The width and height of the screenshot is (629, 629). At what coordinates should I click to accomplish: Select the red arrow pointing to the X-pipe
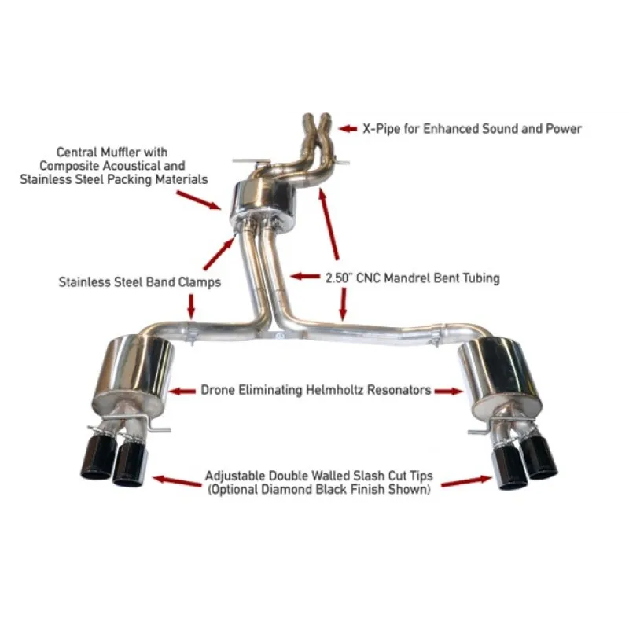[x=348, y=128]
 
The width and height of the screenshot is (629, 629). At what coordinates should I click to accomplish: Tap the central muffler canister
[x=263, y=204]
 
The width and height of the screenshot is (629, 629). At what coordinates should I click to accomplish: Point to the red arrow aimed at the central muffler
[x=199, y=200]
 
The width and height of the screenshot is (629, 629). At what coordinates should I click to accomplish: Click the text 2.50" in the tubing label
[x=338, y=278]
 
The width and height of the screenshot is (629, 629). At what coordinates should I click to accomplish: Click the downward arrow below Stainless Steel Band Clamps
[x=191, y=307]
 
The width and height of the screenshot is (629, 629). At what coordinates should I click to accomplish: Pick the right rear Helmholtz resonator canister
[x=500, y=375]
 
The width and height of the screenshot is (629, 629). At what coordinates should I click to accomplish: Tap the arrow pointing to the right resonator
[x=449, y=391]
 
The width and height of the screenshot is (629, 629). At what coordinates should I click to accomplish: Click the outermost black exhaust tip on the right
[x=541, y=455]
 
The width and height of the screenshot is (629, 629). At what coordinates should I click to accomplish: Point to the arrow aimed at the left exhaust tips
[x=177, y=480]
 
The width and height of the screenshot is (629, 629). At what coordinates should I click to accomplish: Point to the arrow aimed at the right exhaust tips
[x=466, y=481]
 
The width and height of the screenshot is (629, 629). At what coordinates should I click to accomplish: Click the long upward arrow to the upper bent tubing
[x=329, y=225]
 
